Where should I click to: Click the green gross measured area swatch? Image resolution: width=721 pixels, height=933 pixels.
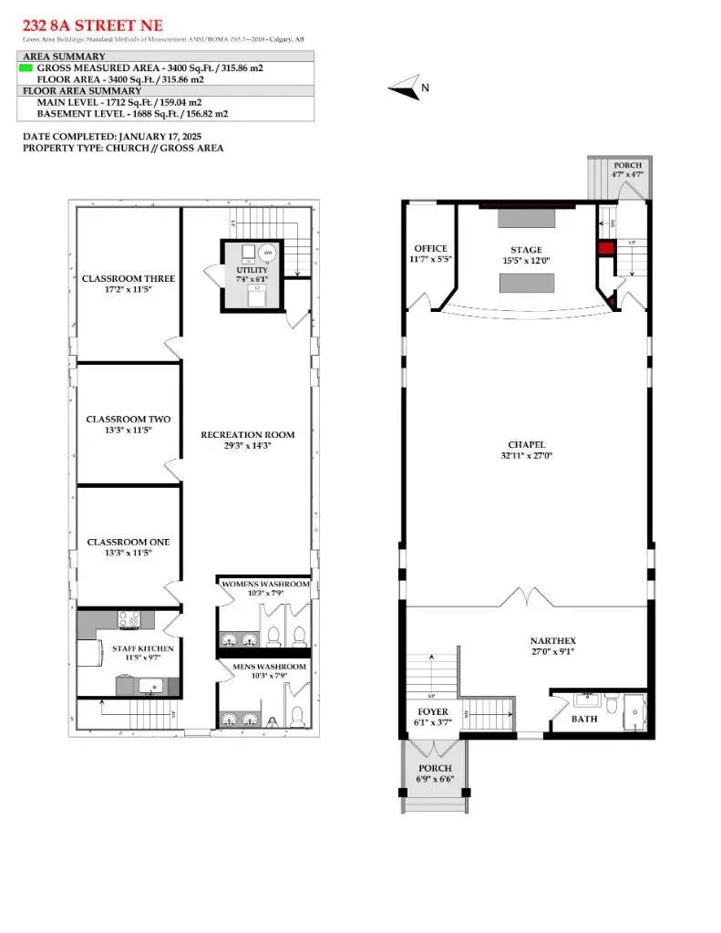click(x=26, y=67)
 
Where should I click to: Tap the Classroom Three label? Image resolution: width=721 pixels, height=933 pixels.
click(x=129, y=278)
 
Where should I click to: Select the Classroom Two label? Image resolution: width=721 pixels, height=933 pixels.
click(x=129, y=420)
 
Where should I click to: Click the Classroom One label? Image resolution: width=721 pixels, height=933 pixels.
click(x=129, y=542)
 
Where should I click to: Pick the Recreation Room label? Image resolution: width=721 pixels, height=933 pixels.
click(x=248, y=435)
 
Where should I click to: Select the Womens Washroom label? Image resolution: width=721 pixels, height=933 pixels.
click(x=265, y=584)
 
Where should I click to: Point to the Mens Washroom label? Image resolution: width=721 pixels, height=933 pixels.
click(x=265, y=667)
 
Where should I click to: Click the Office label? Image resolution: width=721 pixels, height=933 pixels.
click(x=430, y=249)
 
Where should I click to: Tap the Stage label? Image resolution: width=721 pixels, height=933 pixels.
click(x=526, y=250)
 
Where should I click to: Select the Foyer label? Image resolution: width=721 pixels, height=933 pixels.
click(x=433, y=711)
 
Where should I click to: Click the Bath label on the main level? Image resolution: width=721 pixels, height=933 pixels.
click(x=584, y=719)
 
